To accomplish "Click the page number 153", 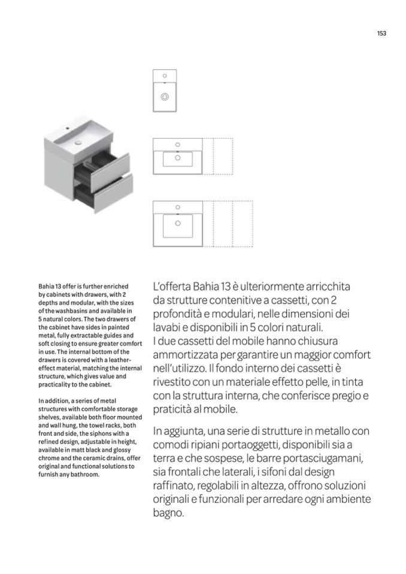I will [x=381, y=34].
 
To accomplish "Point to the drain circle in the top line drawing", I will [x=165, y=96].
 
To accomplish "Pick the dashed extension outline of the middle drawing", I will [x=217, y=157].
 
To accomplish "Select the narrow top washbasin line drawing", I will [x=165, y=90].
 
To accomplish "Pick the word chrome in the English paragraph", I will [x=51, y=458].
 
